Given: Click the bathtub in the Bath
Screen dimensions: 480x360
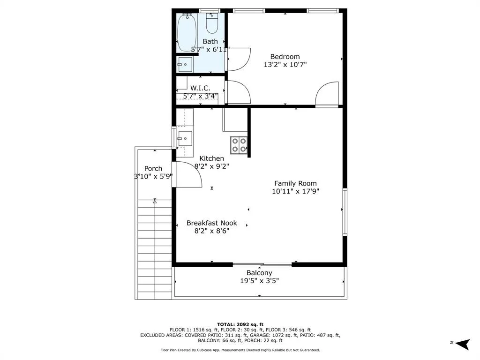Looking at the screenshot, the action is [187, 33].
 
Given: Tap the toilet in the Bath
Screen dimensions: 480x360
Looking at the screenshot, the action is [212, 23].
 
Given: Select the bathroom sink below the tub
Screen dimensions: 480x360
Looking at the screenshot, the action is [185, 65].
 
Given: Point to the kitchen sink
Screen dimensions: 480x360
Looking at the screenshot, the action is [185, 139].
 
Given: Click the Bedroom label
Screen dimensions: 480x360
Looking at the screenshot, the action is [285, 57].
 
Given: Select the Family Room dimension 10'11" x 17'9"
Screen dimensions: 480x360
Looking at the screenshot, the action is [296, 191].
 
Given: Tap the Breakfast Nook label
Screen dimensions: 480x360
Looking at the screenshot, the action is [212, 223].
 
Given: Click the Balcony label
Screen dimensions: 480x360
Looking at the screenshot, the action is [259, 273].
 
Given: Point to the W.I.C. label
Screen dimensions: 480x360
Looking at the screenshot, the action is [200, 88].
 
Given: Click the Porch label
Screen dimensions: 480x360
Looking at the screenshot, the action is [153, 168].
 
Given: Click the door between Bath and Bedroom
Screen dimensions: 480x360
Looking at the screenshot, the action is [238, 60].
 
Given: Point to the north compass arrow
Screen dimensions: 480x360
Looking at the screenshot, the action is [463, 344].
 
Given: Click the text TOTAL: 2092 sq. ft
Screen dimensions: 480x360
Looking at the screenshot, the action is [240, 324].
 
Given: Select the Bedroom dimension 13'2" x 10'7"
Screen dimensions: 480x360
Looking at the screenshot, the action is [285, 65].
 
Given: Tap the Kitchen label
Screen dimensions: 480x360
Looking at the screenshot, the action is [211, 158].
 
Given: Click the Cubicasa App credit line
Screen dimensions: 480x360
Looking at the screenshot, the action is [240, 350].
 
